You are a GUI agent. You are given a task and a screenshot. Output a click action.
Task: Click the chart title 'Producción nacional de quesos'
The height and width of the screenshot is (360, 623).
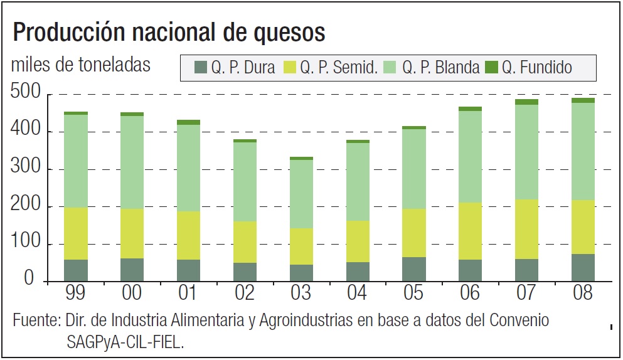169,32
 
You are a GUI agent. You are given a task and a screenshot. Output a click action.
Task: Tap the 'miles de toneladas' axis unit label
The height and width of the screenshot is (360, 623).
81,65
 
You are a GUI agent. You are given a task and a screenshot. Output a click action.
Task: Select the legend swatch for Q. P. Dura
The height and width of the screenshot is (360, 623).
201,67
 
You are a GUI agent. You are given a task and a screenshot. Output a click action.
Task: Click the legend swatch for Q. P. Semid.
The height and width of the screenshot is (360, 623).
290,67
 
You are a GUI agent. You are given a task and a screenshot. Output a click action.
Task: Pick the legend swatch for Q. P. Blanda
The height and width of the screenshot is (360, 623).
391,67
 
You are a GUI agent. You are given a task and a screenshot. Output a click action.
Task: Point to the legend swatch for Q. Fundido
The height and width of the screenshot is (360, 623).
491,67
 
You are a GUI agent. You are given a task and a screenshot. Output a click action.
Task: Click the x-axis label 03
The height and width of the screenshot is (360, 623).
301,293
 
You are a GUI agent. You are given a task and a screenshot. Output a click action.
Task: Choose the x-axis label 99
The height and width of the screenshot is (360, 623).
76,293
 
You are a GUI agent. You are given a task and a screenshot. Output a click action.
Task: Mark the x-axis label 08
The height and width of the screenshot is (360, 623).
582,293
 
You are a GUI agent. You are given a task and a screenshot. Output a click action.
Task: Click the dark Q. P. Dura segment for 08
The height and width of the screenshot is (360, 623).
582,268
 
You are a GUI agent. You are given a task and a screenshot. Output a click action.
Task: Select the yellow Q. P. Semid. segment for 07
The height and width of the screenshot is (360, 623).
526,230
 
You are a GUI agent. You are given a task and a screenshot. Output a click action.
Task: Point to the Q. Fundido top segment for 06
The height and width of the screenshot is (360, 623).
469,109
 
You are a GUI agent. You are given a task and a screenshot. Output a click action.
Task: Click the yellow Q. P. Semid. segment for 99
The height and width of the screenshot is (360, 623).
76,233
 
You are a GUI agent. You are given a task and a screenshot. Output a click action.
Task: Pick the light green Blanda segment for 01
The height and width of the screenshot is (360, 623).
188,168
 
